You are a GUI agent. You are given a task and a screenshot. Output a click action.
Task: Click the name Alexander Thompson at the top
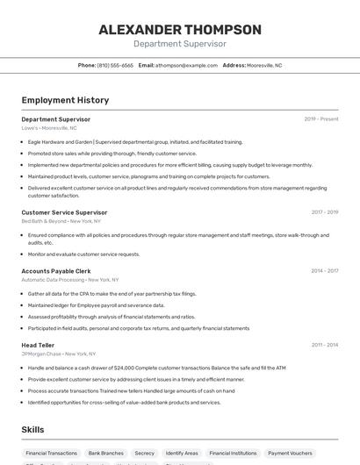tap(180, 30)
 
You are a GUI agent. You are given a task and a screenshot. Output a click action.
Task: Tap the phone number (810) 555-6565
tap(115, 65)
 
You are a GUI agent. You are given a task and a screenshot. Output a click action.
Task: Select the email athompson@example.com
tap(186, 65)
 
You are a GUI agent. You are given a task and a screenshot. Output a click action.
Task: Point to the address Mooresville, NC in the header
tap(264, 65)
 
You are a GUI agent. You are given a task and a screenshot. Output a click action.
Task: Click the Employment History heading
tap(65, 100)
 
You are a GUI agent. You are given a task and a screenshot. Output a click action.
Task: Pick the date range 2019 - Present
tap(320, 119)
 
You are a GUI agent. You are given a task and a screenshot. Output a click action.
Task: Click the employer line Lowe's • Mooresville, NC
tap(49, 128)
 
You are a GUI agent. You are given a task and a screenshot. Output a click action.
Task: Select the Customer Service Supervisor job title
tap(64, 212)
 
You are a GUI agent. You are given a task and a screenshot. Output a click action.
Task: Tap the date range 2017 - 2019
tap(324, 212)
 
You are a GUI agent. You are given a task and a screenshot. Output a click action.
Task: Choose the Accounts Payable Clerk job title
tap(56, 271)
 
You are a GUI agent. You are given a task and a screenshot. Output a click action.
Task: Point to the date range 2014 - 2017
tap(324, 271)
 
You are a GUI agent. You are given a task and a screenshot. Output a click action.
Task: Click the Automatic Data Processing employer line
tap(70, 280)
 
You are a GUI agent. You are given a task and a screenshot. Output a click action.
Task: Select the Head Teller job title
tap(38, 345)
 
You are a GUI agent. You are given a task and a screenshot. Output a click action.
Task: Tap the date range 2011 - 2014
tap(324, 345)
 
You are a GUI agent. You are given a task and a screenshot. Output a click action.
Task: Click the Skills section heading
tap(33, 430)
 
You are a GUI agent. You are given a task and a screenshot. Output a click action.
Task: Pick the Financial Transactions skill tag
tap(52, 454)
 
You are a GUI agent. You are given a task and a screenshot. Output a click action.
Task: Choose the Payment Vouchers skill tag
tap(290, 454)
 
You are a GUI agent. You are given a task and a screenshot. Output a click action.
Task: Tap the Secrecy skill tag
tap(144, 454)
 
